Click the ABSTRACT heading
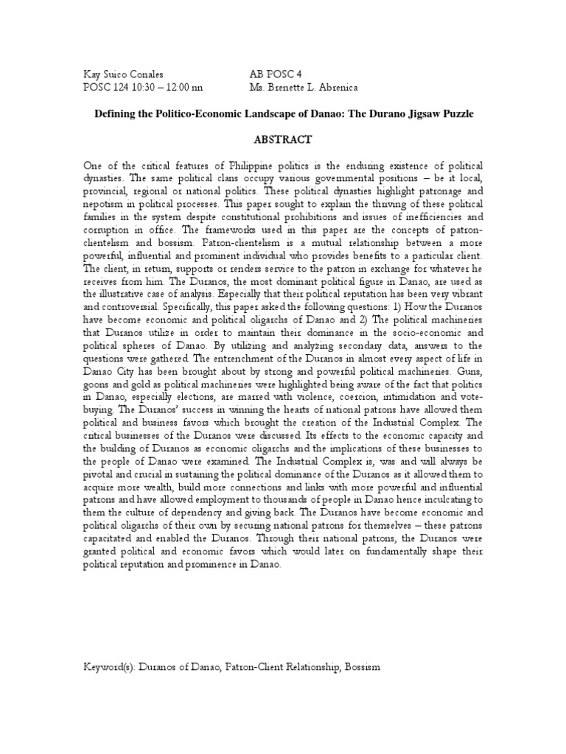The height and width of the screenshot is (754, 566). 283,139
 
